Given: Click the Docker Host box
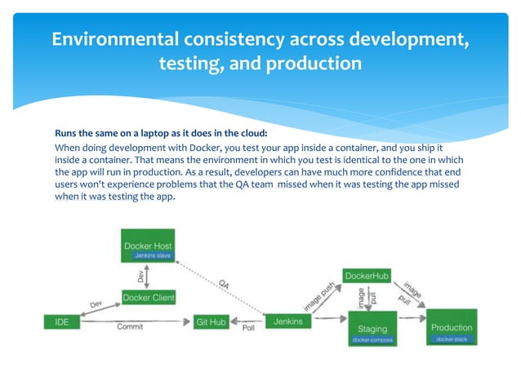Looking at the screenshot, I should click(148, 245).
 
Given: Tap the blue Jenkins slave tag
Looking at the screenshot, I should click(148, 256).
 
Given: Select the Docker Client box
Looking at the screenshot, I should click(149, 297).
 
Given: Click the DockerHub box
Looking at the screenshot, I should click(366, 276).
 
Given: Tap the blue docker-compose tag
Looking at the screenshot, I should click(372, 339).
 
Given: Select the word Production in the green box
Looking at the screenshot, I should click(452, 327).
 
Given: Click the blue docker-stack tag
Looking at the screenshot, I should click(452, 339).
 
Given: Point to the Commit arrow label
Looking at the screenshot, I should click(131, 327).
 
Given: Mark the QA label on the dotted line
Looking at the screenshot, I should click(223, 285).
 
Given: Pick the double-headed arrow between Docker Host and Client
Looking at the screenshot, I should click(145, 276).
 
